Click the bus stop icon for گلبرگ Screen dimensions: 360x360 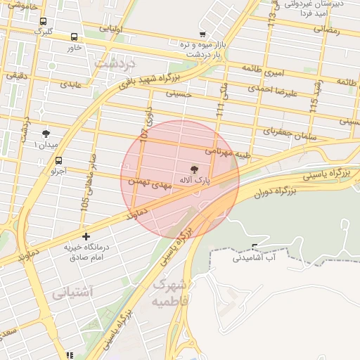coord(44,22)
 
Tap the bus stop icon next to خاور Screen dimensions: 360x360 coord(75,37)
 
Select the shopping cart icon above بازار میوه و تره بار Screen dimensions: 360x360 coord(202,34)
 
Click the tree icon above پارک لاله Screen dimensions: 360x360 coord(195,169)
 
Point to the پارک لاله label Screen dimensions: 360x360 coord(195,181)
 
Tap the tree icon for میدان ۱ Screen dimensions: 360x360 coord(46,133)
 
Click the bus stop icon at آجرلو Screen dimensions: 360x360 coord(58,160)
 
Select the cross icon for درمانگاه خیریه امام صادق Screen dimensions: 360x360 coord(86,236)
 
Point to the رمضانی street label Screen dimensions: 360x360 coord(326,30)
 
